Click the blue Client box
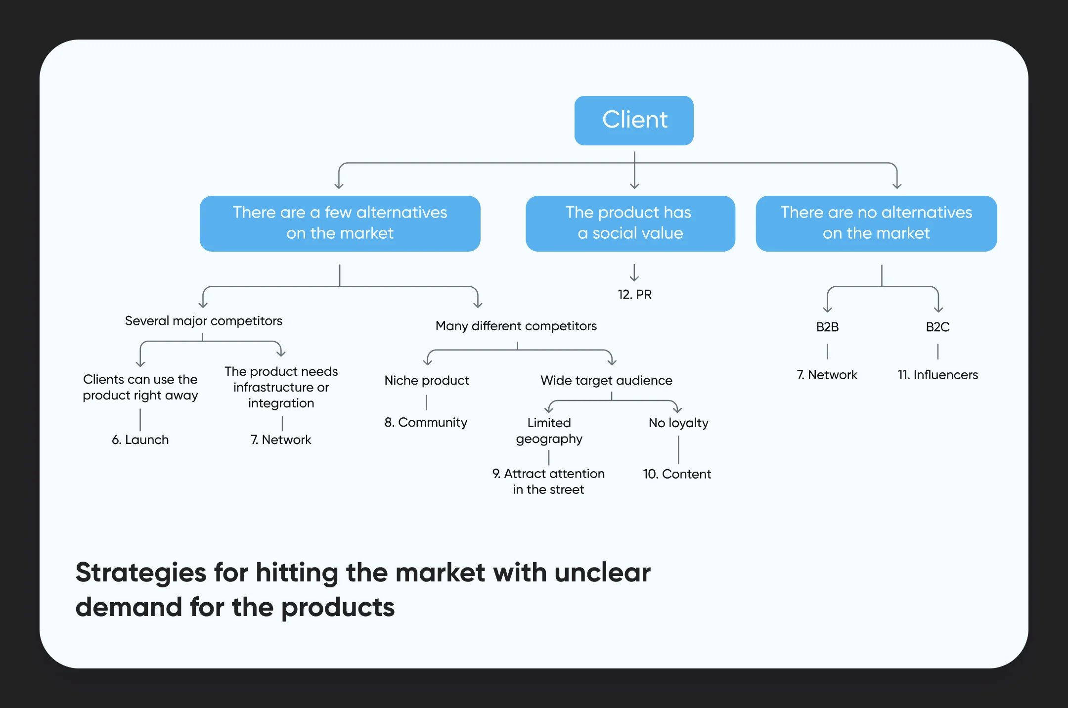pyautogui.click(x=634, y=120)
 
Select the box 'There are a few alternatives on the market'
pyautogui.click(x=340, y=223)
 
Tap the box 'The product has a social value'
pyautogui.click(x=630, y=223)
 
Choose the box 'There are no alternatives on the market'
pyautogui.click(x=876, y=223)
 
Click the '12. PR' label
pyautogui.click(x=634, y=294)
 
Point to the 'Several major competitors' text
pyautogui.click(x=203, y=321)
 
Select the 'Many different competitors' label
pyautogui.click(x=516, y=326)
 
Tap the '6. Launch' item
pyautogui.click(x=140, y=440)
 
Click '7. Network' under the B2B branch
pyautogui.click(x=827, y=375)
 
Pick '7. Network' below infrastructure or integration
pyautogui.click(x=281, y=440)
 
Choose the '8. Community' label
pyautogui.click(x=426, y=422)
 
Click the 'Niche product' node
pyautogui.click(x=427, y=380)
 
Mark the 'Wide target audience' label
pyautogui.click(x=606, y=380)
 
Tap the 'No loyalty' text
pyautogui.click(x=678, y=423)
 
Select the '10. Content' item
pyautogui.click(x=677, y=474)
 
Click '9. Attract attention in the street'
pyautogui.click(x=548, y=481)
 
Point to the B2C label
pyautogui.click(x=937, y=327)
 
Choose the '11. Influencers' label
pyautogui.click(x=937, y=375)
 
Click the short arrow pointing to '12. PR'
pyautogui.click(x=634, y=272)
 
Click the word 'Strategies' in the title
pyautogui.click(x=141, y=573)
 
